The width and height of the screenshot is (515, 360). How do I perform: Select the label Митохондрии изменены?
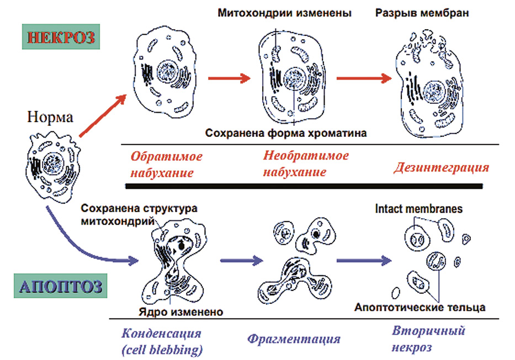coord(284,13)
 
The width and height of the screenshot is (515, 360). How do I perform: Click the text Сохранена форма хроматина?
coord(286,133)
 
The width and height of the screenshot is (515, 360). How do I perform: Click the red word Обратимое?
coord(166,156)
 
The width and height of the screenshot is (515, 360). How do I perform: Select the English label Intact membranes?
coord(418,209)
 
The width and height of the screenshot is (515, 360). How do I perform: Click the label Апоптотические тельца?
coord(420,306)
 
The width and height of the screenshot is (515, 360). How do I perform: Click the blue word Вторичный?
coord(429,331)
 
